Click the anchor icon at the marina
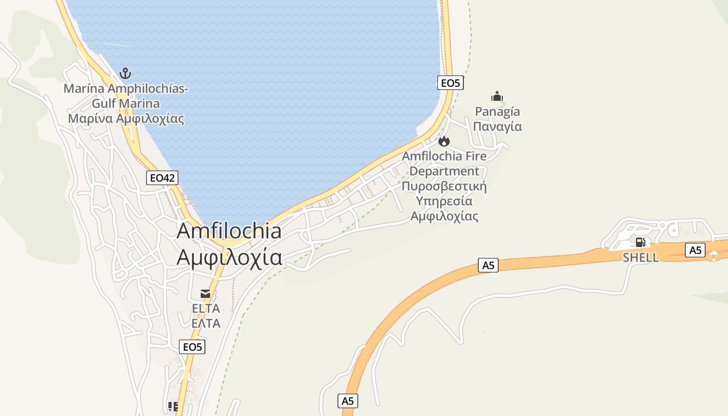125,73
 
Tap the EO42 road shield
162,178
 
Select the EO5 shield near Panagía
450,83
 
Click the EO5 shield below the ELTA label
192,347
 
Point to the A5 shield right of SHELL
695,250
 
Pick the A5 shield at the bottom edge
348,401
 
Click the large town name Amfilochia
229,231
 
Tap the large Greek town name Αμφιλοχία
229,257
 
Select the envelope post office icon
205,294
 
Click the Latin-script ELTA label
206,308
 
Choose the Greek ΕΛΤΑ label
206,323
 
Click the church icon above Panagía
497,96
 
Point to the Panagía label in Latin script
497,111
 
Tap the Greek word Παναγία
497,126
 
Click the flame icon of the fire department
444,141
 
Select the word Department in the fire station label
444,171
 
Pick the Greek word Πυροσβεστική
444,186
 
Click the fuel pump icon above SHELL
640,242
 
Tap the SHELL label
640,257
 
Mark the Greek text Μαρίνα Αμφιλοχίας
126,119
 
